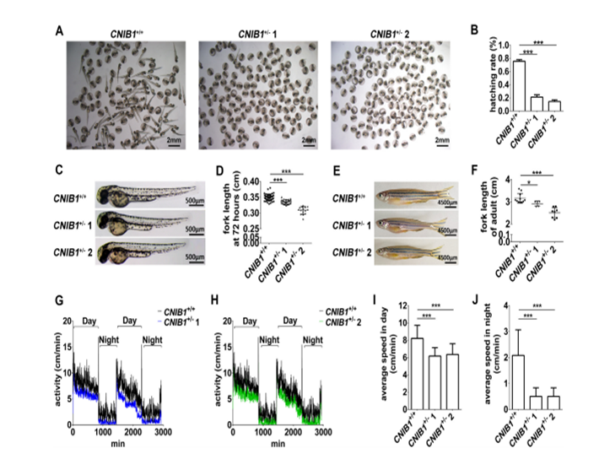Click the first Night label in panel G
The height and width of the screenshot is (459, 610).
111,340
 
